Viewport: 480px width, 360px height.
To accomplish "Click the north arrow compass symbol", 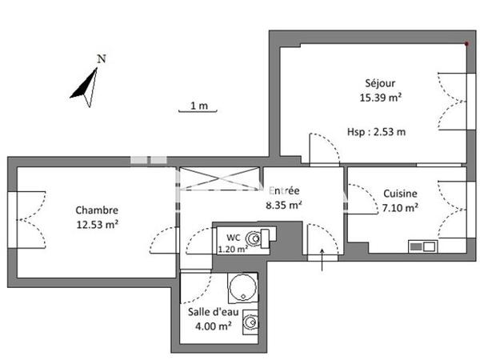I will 86,86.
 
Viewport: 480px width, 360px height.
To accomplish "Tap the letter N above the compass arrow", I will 101,58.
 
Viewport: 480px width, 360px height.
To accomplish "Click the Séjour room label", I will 380,82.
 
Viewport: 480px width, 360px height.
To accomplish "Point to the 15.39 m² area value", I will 380,97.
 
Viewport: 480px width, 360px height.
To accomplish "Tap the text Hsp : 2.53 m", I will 376,132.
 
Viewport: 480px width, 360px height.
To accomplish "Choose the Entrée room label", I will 284,190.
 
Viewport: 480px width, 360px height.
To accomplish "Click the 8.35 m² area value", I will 284,205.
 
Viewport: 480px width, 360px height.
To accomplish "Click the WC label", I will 233,237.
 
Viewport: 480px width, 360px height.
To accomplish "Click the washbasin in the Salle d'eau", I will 251,322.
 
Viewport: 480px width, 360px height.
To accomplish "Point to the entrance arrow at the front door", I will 322,261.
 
